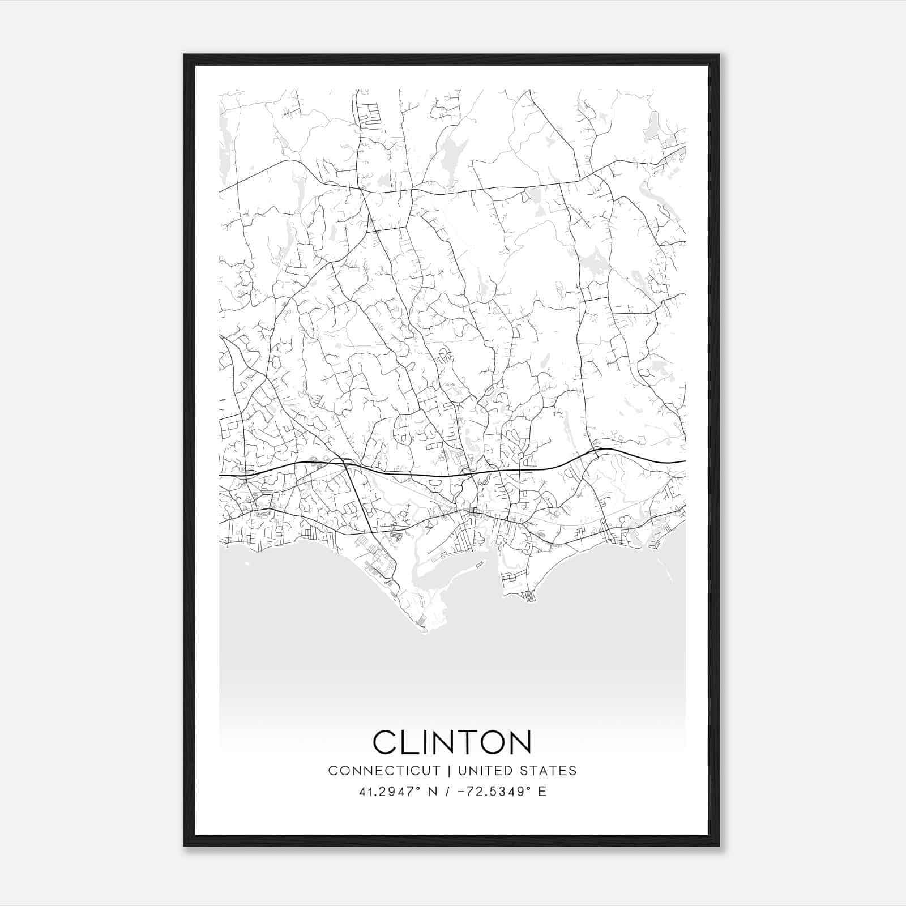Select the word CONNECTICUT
[384, 771]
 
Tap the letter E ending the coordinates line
[542, 792]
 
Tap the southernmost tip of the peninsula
[424, 630]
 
